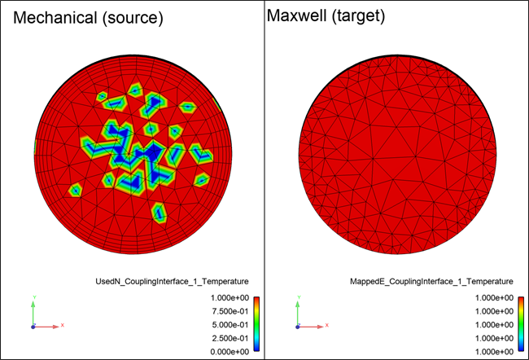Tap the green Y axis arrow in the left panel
[x=33, y=310]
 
